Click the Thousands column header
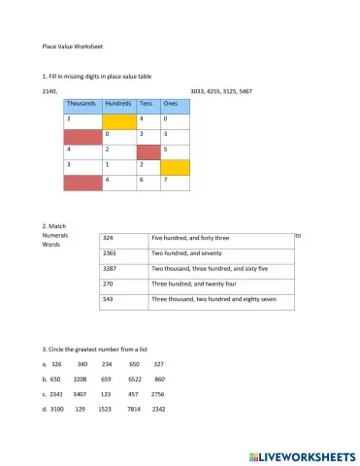pyautogui.click(x=82, y=102)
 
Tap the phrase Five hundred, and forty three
pyautogui.click(x=190, y=237)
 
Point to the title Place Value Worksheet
pyautogui.click(x=73, y=45)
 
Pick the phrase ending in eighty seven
pyautogui.click(x=207, y=300)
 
